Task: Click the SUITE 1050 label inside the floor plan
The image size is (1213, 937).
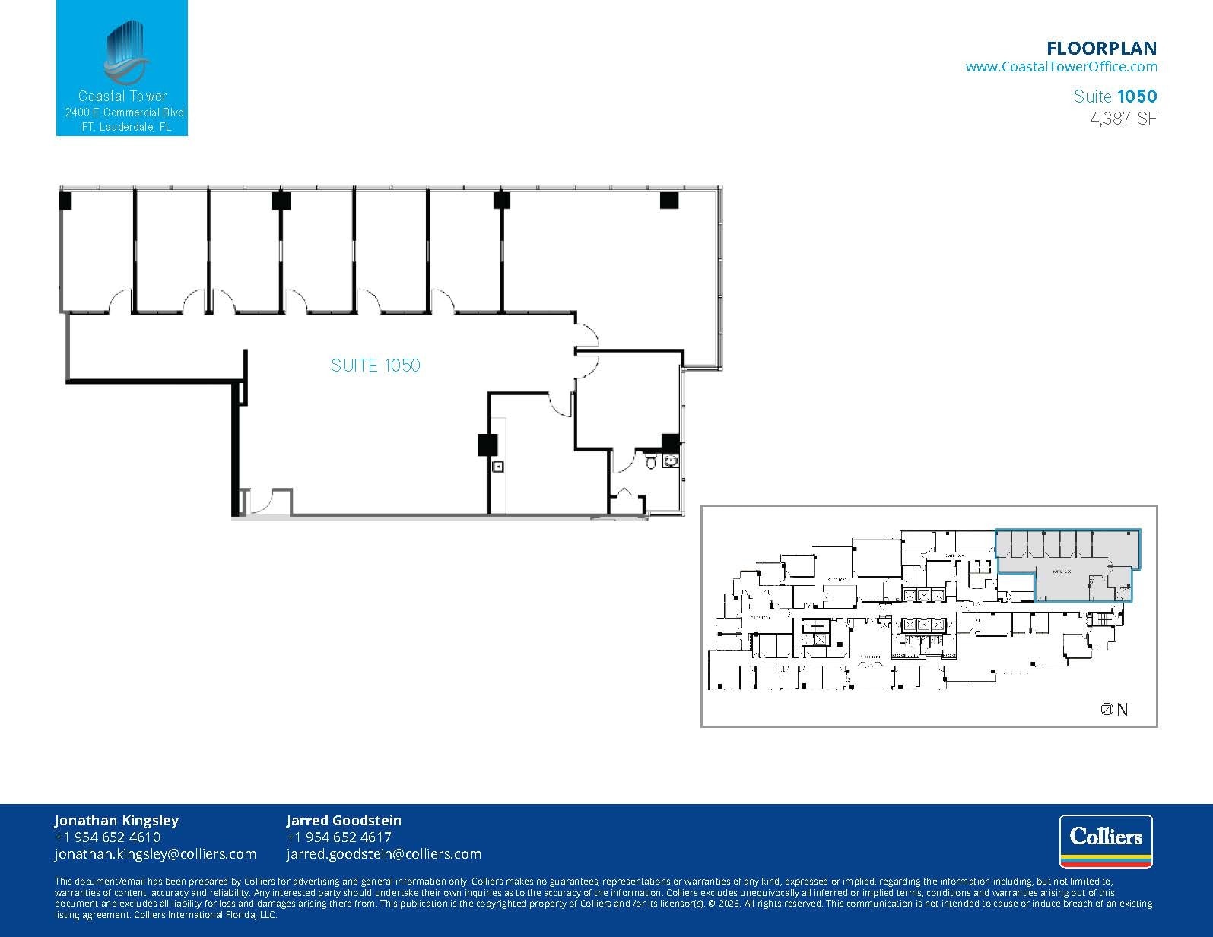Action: [x=375, y=366]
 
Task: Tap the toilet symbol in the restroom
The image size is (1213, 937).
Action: [x=651, y=462]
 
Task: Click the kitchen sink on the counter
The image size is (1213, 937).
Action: [x=498, y=467]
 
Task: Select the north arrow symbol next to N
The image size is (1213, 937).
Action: [x=1107, y=709]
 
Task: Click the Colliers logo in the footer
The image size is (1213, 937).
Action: [x=1106, y=840]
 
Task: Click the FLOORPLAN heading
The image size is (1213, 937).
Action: [x=1101, y=49]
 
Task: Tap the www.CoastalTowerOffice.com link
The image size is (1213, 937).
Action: [x=1061, y=67]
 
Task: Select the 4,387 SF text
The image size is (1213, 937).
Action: [x=1123, y=119]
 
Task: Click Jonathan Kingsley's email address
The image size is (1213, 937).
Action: [x=155, y=854]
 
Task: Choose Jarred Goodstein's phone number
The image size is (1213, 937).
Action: [x=338, y=837]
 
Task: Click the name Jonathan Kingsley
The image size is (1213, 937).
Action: [x=116, y=820]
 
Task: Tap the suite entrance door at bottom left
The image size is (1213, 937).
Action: [x=262, y=502]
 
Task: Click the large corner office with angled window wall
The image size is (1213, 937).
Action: [x=608, y=258]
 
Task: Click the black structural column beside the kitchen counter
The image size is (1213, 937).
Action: [x=487, y=445]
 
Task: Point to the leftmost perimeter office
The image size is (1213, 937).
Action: [x=97, y=251]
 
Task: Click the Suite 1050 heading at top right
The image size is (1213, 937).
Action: [x=1115, y=97]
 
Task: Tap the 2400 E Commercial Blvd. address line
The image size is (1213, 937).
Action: [x=125, y=112]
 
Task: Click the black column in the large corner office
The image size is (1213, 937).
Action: [x=668, y=200]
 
